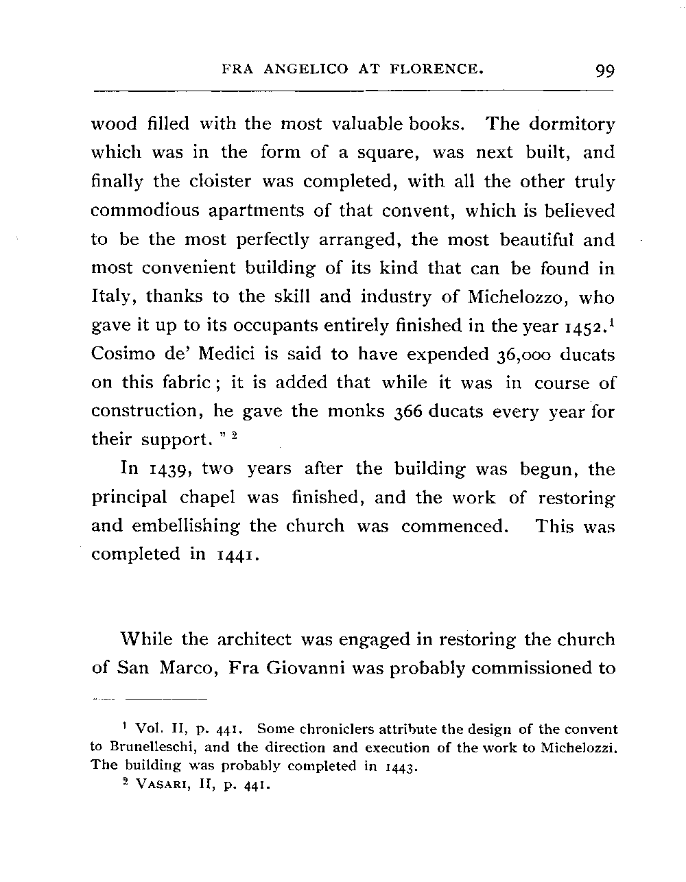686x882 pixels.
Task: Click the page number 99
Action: [x=605, y=70]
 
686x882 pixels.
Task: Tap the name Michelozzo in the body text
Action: [x=520, y=298]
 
